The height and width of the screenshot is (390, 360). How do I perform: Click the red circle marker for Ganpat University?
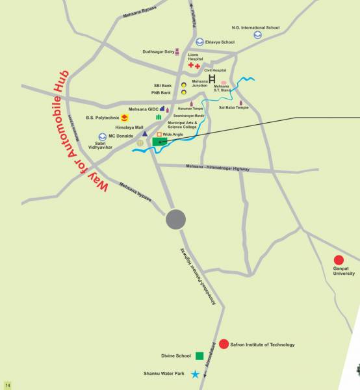click(339, 259)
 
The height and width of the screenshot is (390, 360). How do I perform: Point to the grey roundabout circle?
click(175, 220)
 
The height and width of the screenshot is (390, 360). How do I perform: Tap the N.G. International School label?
click(255, 27)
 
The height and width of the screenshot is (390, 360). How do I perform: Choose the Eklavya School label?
click(219, 42)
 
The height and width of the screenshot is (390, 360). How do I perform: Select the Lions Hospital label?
click(194, 57)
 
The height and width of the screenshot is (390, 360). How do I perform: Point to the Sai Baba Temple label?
click(233, 107)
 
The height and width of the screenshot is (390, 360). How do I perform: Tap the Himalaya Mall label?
click(129, 127)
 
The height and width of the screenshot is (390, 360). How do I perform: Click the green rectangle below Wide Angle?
click(160, 142)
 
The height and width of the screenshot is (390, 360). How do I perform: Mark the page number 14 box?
click(8, 384)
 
